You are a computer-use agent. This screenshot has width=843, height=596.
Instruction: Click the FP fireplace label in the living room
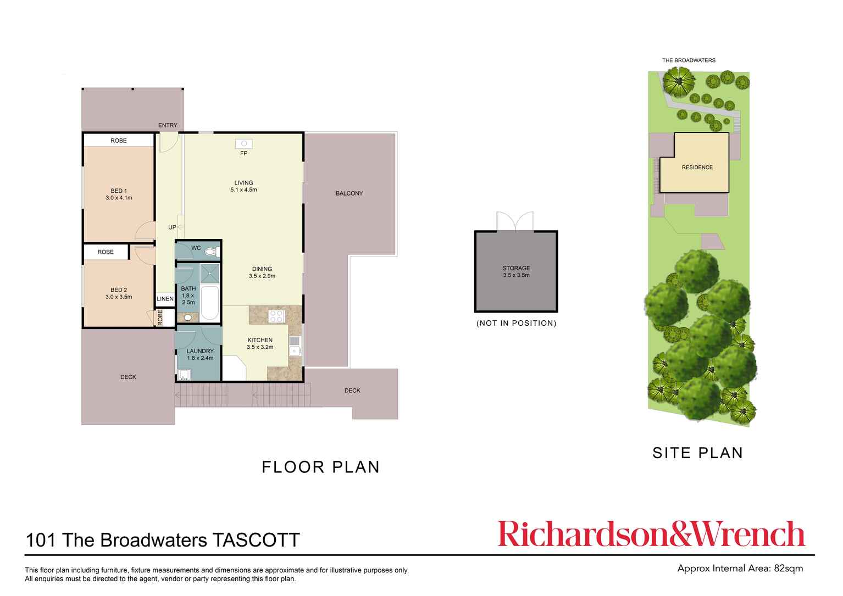pos(243,153)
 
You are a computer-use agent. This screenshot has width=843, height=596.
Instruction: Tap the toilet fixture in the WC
pos(210,252)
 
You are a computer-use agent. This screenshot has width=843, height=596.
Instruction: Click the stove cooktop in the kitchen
pos(276,316)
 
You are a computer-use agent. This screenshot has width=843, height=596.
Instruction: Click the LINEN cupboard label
pos(165,299)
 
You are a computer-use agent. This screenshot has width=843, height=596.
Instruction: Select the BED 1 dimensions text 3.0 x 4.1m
pos(119,198)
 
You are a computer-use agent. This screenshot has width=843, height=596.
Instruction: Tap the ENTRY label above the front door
pos(168,125)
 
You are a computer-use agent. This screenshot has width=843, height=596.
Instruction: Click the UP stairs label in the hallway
pos(172,227)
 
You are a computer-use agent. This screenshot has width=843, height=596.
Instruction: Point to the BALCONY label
pos(349,193)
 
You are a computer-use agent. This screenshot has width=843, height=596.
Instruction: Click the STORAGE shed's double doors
pos(515,221)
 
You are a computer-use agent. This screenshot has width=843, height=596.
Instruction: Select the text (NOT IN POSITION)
pos(516,323)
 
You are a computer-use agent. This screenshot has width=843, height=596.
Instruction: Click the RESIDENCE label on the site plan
pos(697,168)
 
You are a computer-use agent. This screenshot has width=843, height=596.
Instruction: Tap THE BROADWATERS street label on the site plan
pos(689,60)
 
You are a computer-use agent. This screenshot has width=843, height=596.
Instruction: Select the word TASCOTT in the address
pos(256,540)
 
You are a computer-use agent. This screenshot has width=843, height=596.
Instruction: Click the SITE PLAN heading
pos(697,453)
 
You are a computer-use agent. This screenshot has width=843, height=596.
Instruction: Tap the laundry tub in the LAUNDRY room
pos(184,375)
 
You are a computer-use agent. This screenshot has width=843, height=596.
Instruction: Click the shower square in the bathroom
pos(209,273)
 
